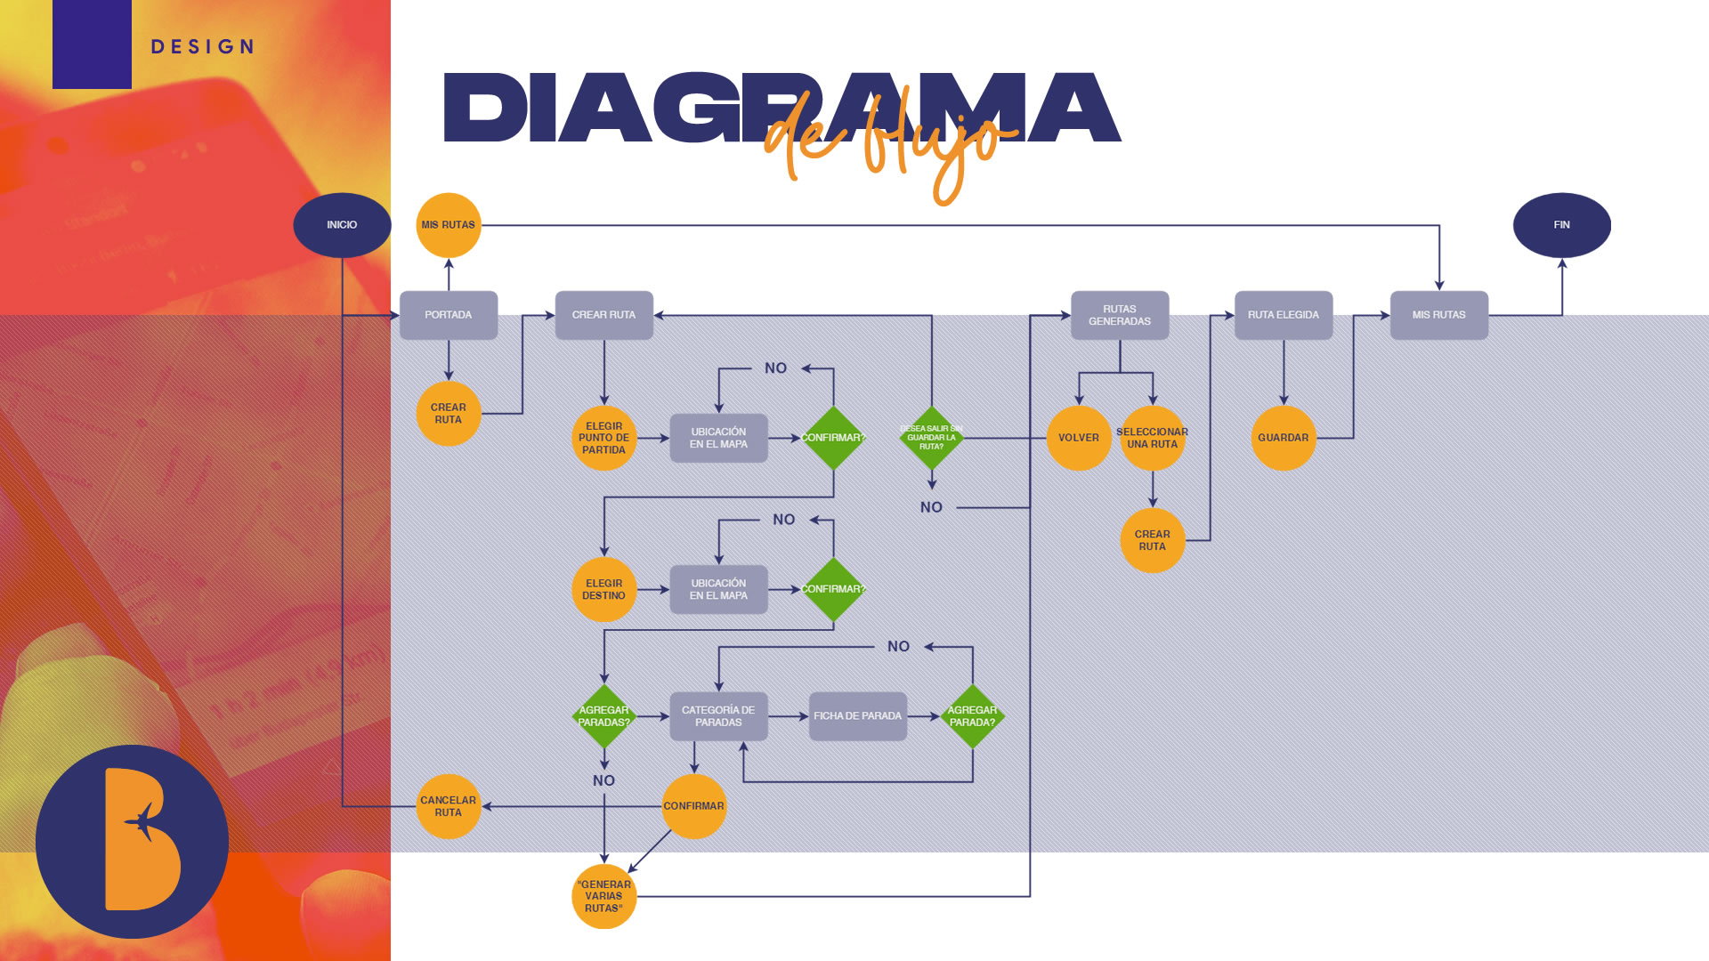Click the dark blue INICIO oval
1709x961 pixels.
tap(342, 225)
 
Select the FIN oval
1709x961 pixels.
tap(1561, 225)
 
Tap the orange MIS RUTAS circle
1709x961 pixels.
tap(449, 225)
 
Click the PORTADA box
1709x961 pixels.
tap(449, 315)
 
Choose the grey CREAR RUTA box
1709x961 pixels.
tap(604, 315)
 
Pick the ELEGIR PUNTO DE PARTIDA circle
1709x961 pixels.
tap(604, 438)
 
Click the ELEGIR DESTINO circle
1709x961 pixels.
tap(604, 589)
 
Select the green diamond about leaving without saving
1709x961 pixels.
tap(931, 438)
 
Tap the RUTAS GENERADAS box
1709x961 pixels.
tap(1120, 315)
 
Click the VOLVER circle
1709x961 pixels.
tap(1079, 438)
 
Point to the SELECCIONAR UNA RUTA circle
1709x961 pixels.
tap(1153, 438)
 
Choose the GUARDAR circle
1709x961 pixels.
tap(1284, 438)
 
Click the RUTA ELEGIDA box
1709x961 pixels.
tap(1284, 315)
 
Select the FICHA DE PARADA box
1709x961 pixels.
tap(858, 716)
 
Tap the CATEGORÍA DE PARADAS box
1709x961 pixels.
tap(718, 716)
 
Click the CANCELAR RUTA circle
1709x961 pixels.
tap(449, 806)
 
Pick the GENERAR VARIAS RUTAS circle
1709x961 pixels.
tap(604, 896)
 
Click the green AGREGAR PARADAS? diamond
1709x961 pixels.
tap(604, 716)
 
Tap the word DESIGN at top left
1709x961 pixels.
tap(203, 47)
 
